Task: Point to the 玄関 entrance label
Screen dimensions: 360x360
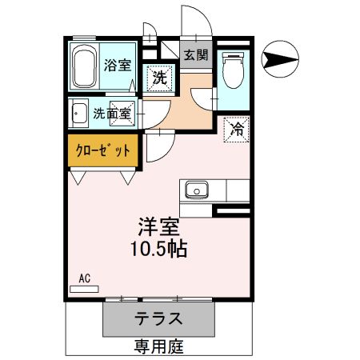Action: [195, 55]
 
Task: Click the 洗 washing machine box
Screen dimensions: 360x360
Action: [160, 78]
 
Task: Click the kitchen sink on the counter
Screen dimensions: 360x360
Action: [196, 190]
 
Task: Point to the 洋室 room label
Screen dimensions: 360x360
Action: [157, 226]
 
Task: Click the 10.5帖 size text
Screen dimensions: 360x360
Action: [158, 249]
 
